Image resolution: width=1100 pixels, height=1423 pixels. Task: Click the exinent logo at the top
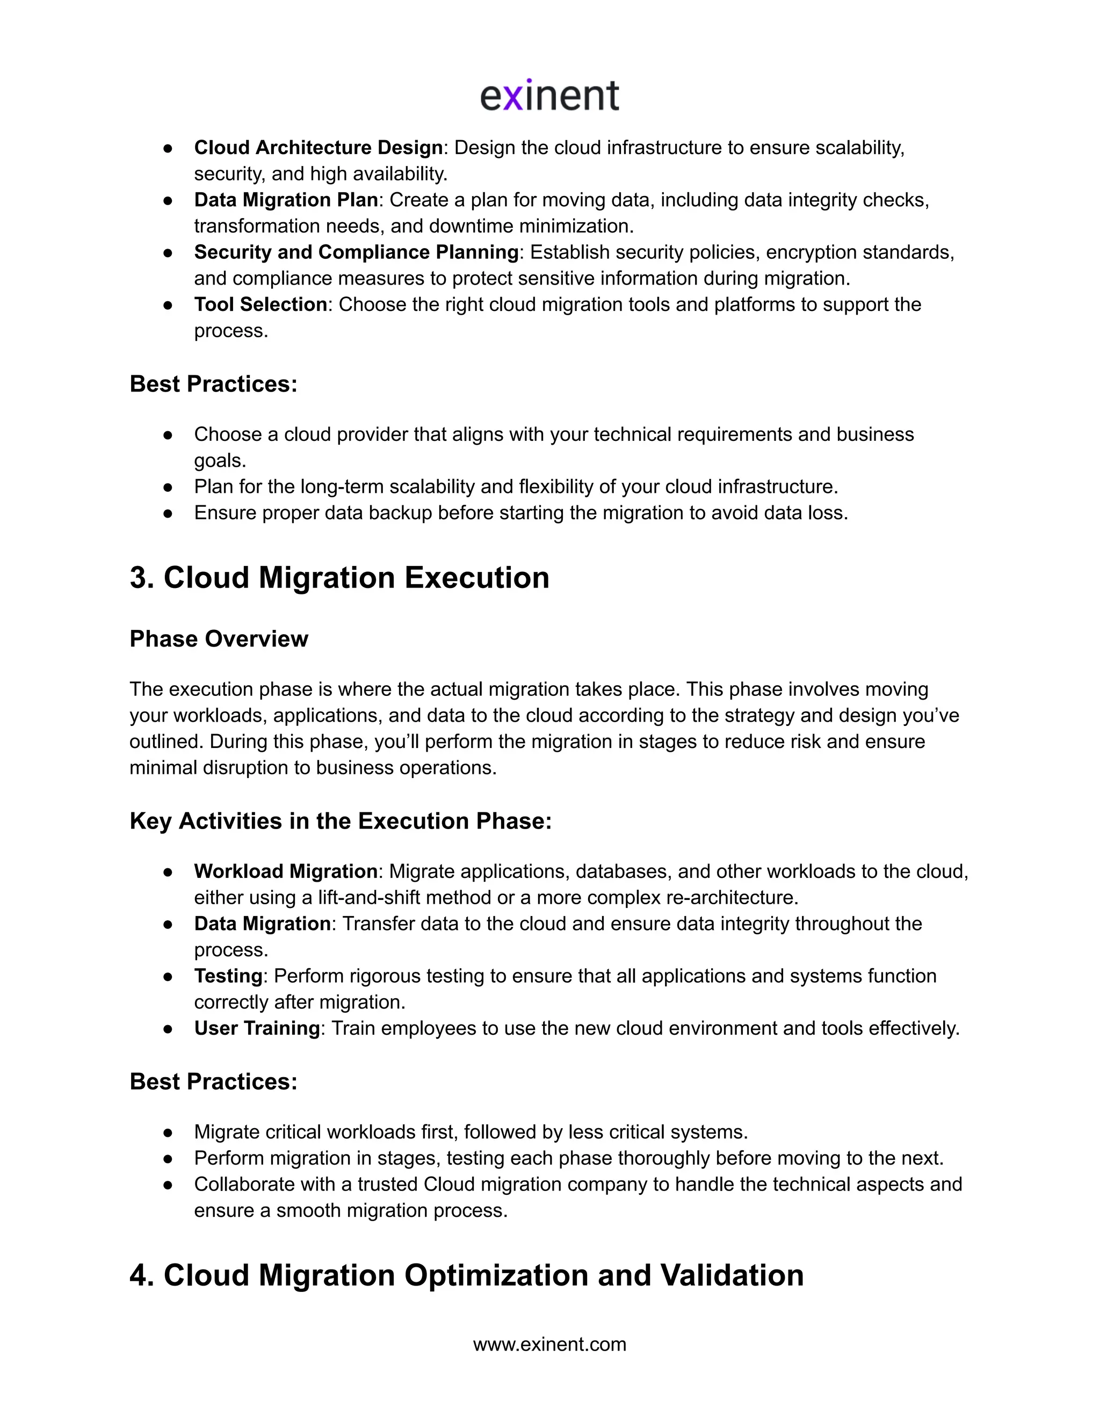coord(549,96)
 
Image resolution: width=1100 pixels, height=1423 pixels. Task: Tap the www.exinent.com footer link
coord(549,1344)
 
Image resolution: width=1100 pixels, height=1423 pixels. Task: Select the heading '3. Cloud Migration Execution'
coord(339,578)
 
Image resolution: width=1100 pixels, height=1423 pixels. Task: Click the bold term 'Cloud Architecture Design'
coord(318,148)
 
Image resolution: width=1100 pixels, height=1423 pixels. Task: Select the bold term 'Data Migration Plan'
coord(285,200)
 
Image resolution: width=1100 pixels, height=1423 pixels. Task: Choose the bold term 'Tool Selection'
coord(260,304)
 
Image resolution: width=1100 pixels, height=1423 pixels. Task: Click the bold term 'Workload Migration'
coord(285,871)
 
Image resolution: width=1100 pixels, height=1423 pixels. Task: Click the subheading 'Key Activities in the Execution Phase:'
coord(340,821)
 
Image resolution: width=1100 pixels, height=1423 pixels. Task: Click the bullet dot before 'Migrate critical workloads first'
coord(168,1133)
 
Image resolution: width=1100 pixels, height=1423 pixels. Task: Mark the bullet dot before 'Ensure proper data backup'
coord(168,514)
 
